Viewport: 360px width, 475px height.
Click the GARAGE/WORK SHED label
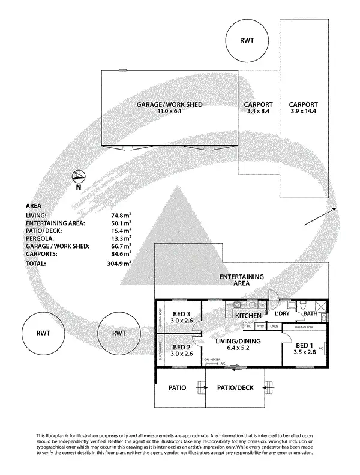(169, 104)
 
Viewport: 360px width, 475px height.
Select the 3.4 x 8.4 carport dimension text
(259, 112)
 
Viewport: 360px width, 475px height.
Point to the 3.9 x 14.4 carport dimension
(303, 112)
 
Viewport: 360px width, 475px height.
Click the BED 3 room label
(182, 313)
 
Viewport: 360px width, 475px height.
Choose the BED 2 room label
(182, 347)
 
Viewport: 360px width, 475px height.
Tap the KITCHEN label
(247, 316)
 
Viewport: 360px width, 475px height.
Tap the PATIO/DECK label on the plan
(235, 389)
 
